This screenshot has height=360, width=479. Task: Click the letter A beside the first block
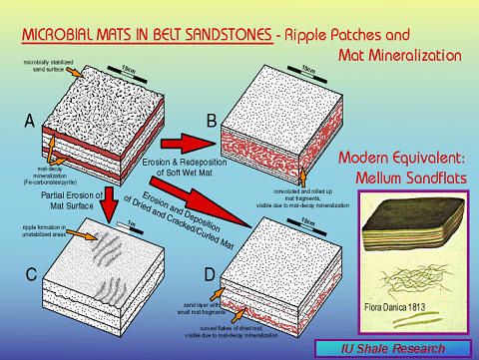click(30, 122)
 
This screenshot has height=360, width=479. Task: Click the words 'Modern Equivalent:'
click(405, 159)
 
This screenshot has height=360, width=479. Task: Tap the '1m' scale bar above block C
click(126, 215)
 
